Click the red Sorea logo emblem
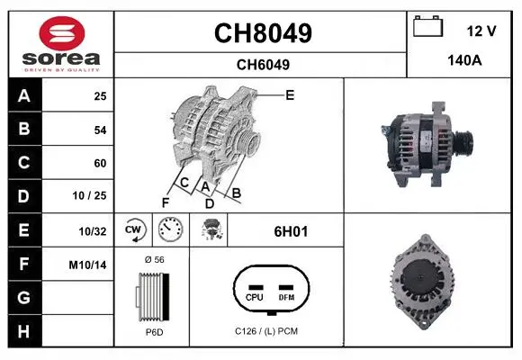pyautogui.click(x=62, y=33)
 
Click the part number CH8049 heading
pyautogui.click(x=263, y=33)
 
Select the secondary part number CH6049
pyautogui.click(x=263, y=65)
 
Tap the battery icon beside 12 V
pyautogui.click(x=427, y=26)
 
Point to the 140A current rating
pyautogui.click(x=464, y=60)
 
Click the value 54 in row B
pyautogui.click(x=100, y=130)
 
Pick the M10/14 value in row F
pyautogui.click(x=87, y=265)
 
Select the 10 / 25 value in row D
pyautogui.click(x=89, y=195)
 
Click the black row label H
pyautogui.click(x=24, y=330)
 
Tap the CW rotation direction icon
pyautogui.click(x=133, y=229)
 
